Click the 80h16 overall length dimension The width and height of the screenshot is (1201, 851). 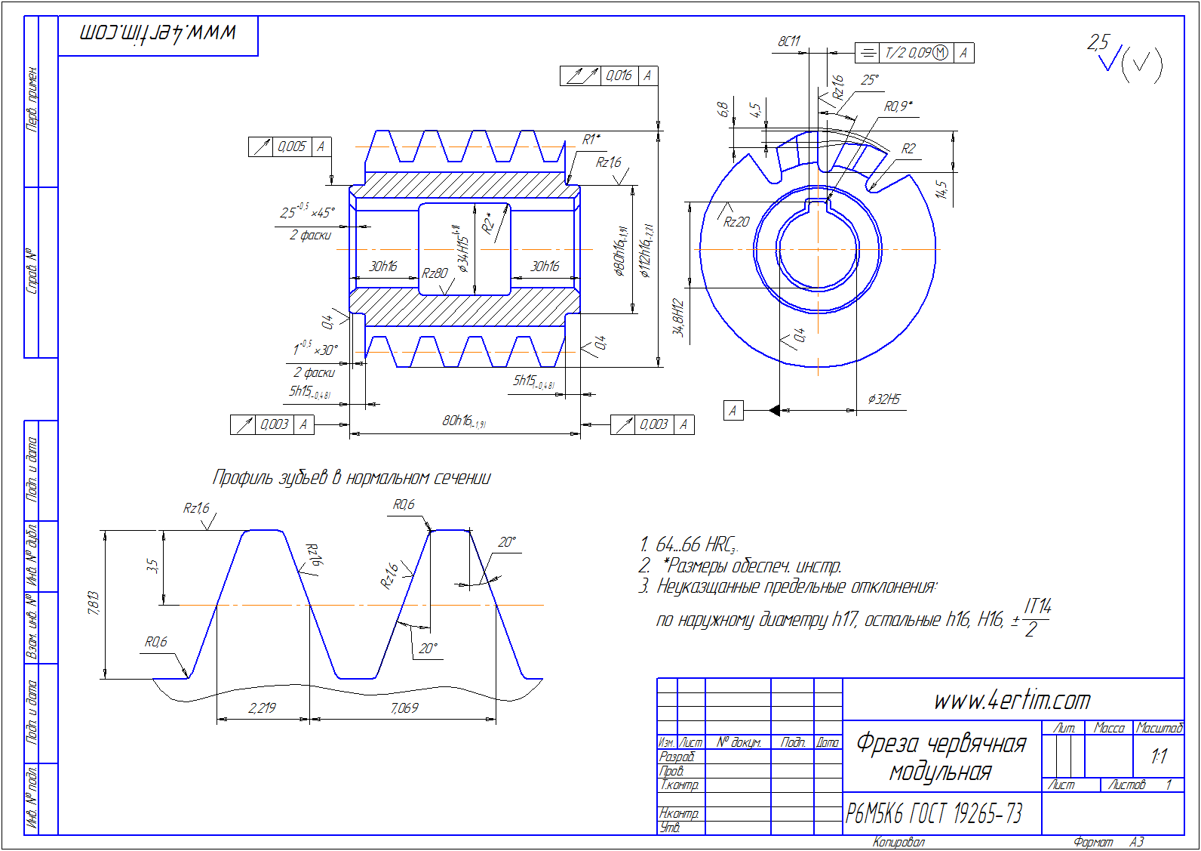463,421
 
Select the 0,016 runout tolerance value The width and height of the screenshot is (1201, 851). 619,76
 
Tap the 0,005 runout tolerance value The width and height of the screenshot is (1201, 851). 291,146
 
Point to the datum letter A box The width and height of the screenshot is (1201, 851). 733,411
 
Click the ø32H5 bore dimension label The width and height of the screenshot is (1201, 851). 883,399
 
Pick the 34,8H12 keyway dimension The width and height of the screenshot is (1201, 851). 677,318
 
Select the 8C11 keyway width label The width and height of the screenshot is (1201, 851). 789,42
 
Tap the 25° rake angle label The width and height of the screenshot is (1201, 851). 870,80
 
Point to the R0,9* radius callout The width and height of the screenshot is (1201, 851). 898,106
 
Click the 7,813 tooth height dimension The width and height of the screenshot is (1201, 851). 94,603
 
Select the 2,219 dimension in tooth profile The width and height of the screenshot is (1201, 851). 262,708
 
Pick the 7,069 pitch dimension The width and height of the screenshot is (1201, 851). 404,708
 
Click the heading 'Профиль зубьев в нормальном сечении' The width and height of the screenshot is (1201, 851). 352,477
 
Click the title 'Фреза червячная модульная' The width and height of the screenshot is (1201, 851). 941,757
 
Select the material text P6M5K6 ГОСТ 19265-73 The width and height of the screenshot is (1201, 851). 934,813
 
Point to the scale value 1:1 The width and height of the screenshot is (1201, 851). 1159,756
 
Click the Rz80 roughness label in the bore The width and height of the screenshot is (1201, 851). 435,273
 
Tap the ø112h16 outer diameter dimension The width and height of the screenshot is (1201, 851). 647,251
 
